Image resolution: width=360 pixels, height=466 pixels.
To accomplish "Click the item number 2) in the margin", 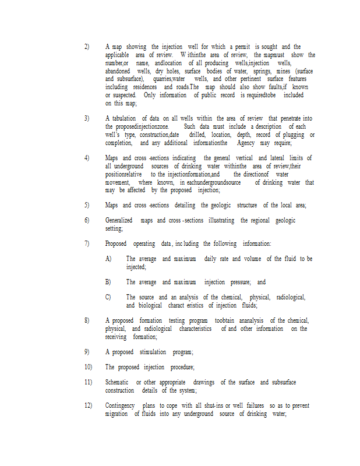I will [87, 47].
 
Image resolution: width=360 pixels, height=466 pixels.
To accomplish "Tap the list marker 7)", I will [87, 243].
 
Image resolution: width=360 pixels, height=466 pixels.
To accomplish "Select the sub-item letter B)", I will [108, 282].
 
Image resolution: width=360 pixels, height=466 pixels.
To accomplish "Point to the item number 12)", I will [89, 405].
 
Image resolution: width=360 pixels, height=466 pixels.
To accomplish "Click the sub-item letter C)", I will [108, 297].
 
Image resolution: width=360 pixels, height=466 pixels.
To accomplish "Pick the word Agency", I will [245, 143].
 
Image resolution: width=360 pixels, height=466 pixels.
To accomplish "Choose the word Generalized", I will [119, 221].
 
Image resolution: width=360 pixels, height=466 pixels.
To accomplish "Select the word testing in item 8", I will [177, 320].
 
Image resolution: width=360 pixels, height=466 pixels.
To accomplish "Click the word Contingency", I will [120, 405].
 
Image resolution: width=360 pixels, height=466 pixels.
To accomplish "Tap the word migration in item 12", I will [117, 414].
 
